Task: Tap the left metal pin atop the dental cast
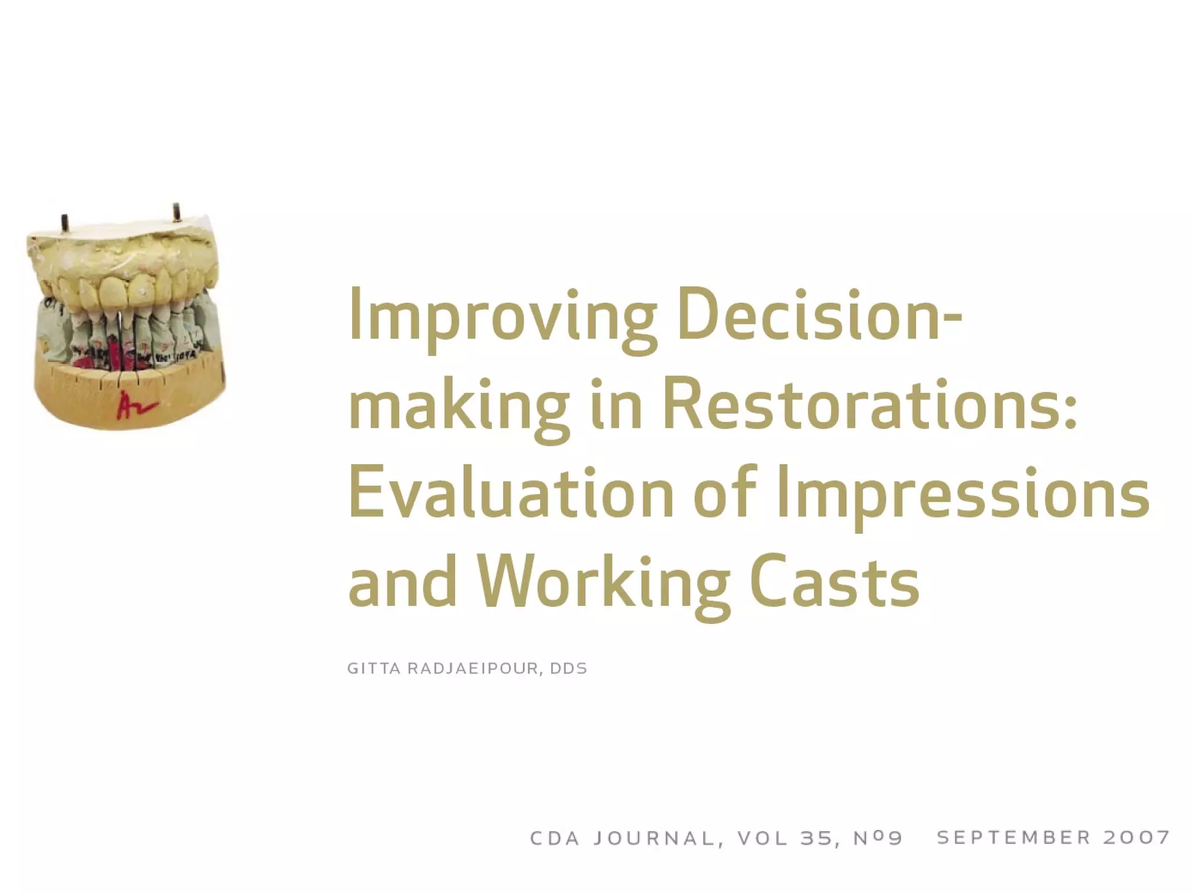click(x=65, y=223)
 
